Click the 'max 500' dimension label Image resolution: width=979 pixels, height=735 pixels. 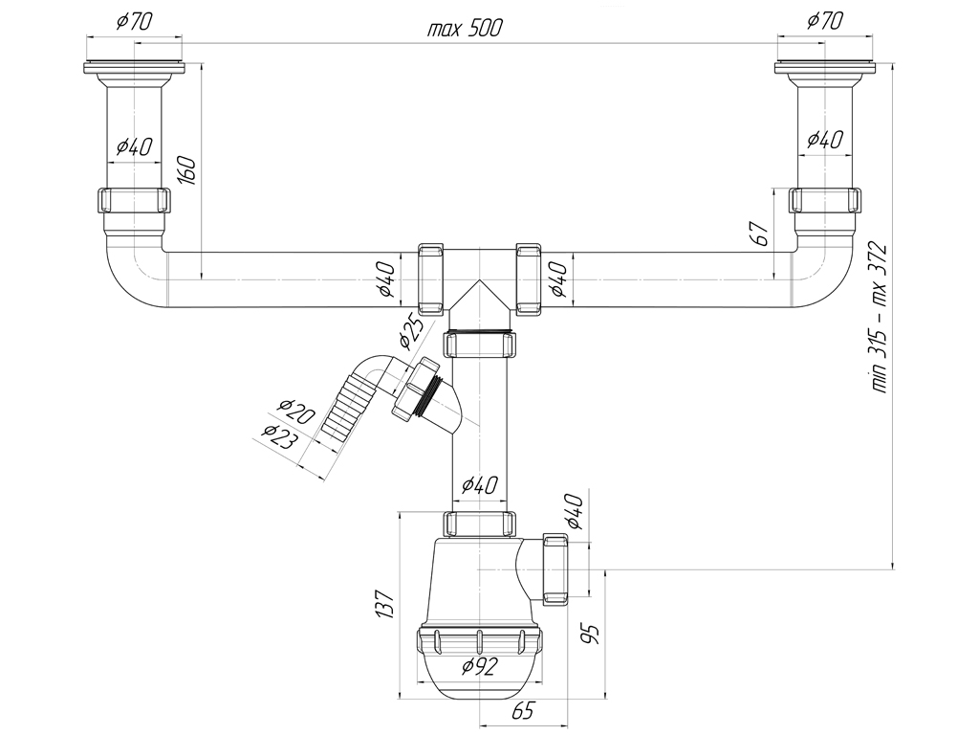[464, 28]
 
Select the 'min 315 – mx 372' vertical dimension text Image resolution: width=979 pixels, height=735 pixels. [880, 317]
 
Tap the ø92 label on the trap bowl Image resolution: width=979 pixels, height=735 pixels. [480, 667]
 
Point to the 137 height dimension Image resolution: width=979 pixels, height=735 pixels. [386, 604]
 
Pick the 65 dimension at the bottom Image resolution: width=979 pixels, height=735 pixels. [523, 711]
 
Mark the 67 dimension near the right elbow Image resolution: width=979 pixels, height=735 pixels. [760, 234]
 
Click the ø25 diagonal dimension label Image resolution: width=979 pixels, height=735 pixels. [412, 332]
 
